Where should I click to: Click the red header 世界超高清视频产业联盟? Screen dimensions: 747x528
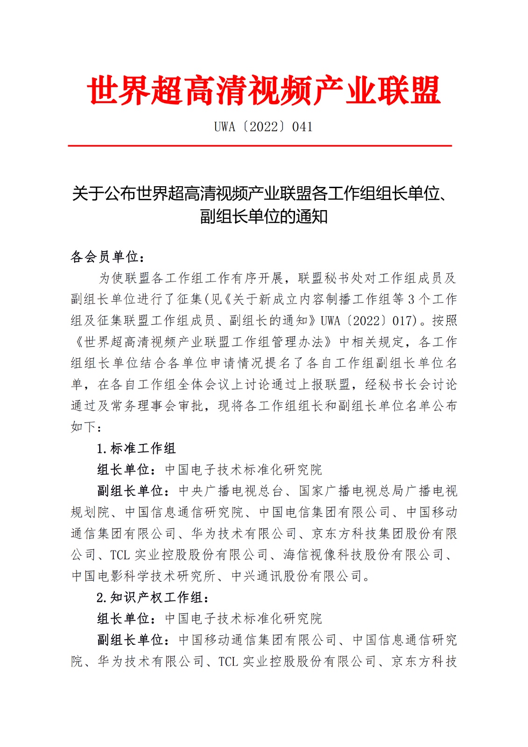pos(264,90)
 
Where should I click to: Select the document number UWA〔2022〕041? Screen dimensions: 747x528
pos(263,127)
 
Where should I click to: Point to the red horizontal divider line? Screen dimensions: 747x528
pos(260,146)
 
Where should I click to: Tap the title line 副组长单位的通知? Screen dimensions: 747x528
pos(264,217)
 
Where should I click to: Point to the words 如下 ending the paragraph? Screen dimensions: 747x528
pos(84,427)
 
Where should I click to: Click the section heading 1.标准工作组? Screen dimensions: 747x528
pos(136,449)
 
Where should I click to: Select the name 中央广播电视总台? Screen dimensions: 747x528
pos(231,491)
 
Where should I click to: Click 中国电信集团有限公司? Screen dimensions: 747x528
pos(324,513)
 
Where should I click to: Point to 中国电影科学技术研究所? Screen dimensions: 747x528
pos(143,576)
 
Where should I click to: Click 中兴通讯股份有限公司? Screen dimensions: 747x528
pos(297,576)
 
